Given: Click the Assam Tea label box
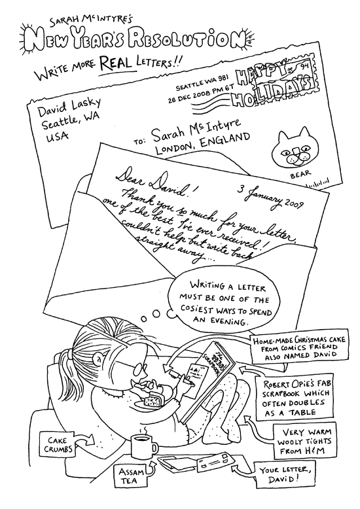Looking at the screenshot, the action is coord(132,476).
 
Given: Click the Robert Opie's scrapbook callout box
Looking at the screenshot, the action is coord(294,398).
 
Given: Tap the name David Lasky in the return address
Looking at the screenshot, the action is coord(69,107).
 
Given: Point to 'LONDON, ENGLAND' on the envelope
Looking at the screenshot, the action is coord(202,144).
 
